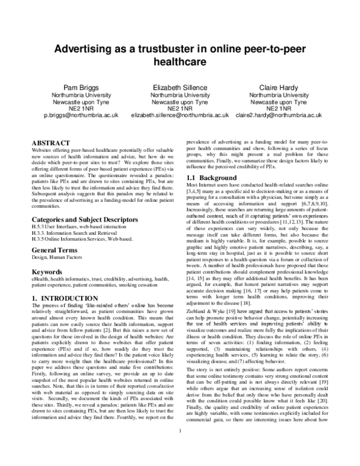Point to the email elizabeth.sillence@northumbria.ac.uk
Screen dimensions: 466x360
(180, 113)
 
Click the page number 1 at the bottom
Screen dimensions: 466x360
(180, 447)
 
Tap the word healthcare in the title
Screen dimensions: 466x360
(180, 61)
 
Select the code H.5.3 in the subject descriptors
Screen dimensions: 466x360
(38, 211)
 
